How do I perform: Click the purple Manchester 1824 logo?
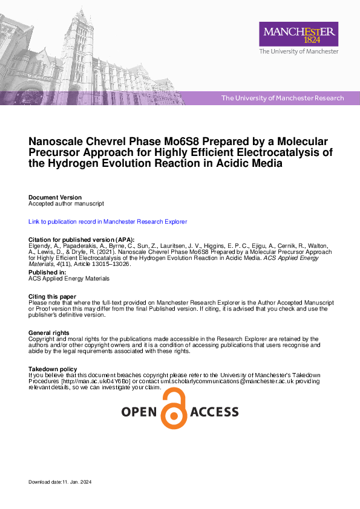pyautogui.click(x=298, y=34)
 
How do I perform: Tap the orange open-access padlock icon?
pyautogui.click(x=174, y=409)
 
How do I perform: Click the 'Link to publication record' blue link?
pyautogui.click(x=108, y=222)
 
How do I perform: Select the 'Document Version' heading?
pyautogui.click(x=55, y=198)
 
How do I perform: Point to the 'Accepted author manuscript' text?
pyautogui.click(x=67, y=204)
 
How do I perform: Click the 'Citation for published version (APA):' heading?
pyautogui.click(x=82, y=239)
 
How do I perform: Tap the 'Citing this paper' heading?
pyautogui.click(x=53, y=296)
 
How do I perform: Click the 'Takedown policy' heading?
pyautogui.click(x=53, y=369)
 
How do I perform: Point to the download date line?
pyautogui.click(x=59, y=482)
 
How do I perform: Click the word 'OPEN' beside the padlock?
pyautogui.click(x=139, y=412)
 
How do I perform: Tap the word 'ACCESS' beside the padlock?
pyautogui.click(x=214, y=412)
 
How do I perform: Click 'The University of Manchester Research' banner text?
pyautogui.click(x=283, y=98)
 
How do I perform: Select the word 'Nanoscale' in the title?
pyautogui.click(x=57, y=141)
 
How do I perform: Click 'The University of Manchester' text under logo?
pyautogui.click(x=299, y=52)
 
